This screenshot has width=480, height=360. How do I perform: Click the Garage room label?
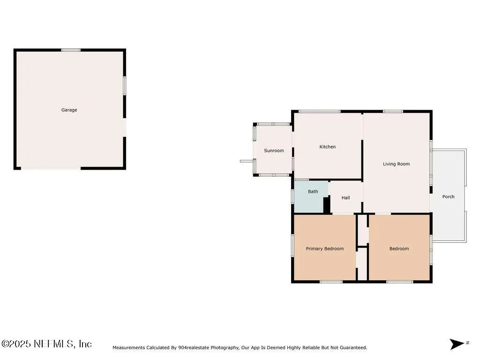coord(69,110)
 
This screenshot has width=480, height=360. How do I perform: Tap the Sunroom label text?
coord(274,150)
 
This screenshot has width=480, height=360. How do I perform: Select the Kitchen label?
coord(328,147)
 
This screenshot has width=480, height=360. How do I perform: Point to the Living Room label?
coord(396,164)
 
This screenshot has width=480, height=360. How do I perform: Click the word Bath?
coord(313,192)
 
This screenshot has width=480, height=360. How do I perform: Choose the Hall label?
coord(345,198)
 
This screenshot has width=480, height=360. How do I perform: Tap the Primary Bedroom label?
coord(325,248)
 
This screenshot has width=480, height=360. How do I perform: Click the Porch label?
coord(448,197)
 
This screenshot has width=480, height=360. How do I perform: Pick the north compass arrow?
coord(457,344)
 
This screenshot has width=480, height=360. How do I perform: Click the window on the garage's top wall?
coord(71,50)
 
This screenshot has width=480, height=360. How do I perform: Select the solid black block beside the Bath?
coord(327,205)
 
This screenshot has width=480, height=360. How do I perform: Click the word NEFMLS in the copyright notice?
coord(54,344)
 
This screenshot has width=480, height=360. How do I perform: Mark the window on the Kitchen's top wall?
coord(320,112)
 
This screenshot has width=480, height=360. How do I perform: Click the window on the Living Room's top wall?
coord(393,112)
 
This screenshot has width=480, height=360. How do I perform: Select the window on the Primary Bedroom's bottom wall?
coord(331,282)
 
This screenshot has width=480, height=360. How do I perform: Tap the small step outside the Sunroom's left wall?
coord(247,161)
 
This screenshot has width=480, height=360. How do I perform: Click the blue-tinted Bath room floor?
coord(309,201)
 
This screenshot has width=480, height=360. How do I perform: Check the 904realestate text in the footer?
coord(194,348)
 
